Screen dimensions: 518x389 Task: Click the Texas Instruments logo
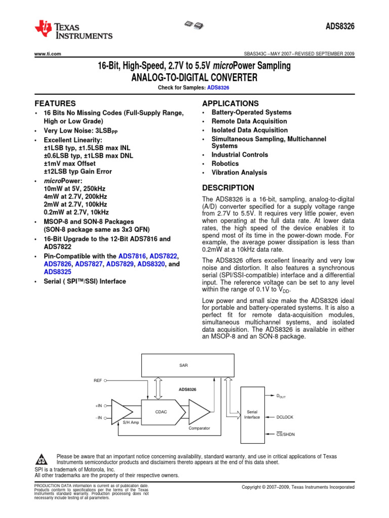(x=73, y=30)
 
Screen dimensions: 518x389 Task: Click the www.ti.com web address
(x=48, y=54)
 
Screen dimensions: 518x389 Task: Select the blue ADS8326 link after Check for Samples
(x=218, y=88)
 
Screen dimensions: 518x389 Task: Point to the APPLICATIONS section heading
(x=230, y=103)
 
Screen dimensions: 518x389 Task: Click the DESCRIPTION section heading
(x=228, y=188)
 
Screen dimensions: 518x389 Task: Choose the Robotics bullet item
(x=225, y=164)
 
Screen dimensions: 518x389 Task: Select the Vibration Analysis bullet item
(x=239, y=172)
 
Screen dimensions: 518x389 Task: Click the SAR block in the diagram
(x=183, y=365)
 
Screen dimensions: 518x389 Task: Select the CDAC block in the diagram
(x=161, y=412)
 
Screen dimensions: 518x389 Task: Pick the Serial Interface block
(x=252, y=414)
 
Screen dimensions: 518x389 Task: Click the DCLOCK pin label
(x=285, y=417)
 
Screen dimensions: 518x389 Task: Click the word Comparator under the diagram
(x=199, y=428)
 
